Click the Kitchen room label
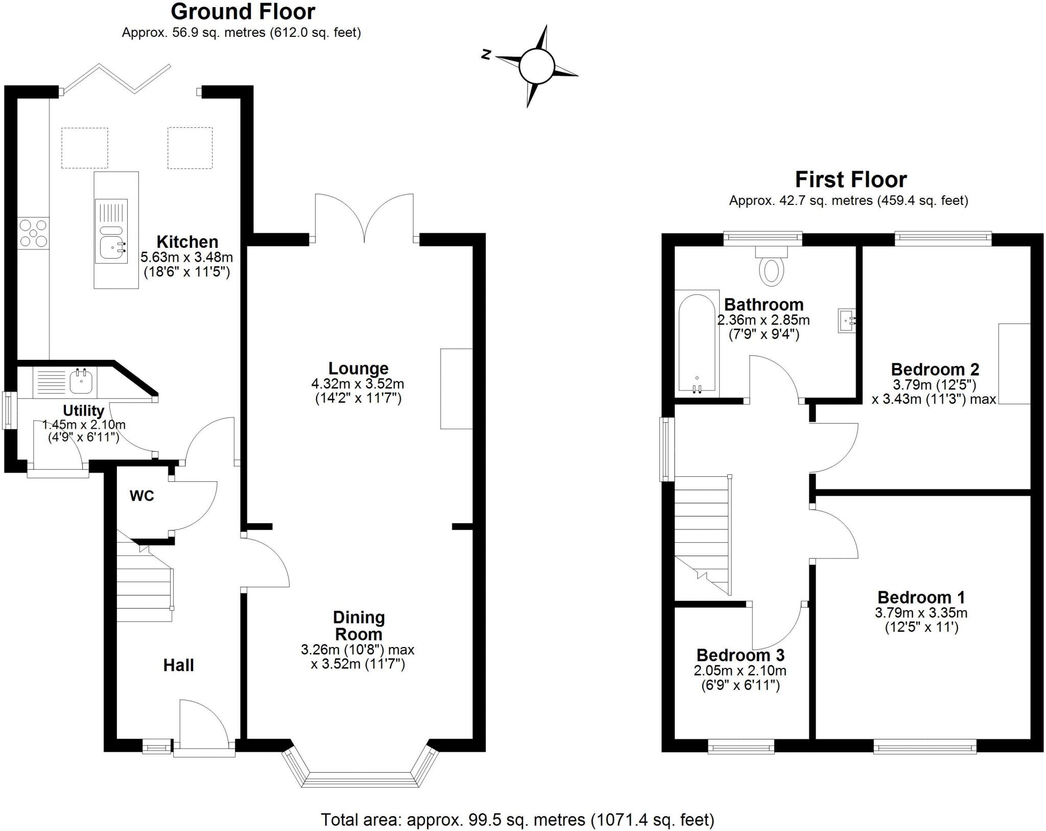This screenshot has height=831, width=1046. [187, 241]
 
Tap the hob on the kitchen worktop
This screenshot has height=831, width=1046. [34, 234]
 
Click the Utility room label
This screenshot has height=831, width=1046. [83, 410]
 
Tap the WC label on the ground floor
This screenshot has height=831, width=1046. [141, 496]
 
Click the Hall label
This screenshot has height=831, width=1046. [178, 665]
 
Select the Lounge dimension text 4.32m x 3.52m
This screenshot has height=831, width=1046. [358, 383]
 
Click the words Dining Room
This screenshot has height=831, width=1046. [359, 626]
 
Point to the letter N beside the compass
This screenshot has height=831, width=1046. [486, 55]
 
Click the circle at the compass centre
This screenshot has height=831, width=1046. [536, 66]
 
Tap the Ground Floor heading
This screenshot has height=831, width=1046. [243, 11]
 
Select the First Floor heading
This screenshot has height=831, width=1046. [851, 179]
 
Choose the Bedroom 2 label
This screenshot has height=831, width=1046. [935, 369]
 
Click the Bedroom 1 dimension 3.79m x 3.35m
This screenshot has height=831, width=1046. [921, 613]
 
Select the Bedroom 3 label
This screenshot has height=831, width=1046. [740, 655]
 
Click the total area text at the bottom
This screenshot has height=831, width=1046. [517, 820]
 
